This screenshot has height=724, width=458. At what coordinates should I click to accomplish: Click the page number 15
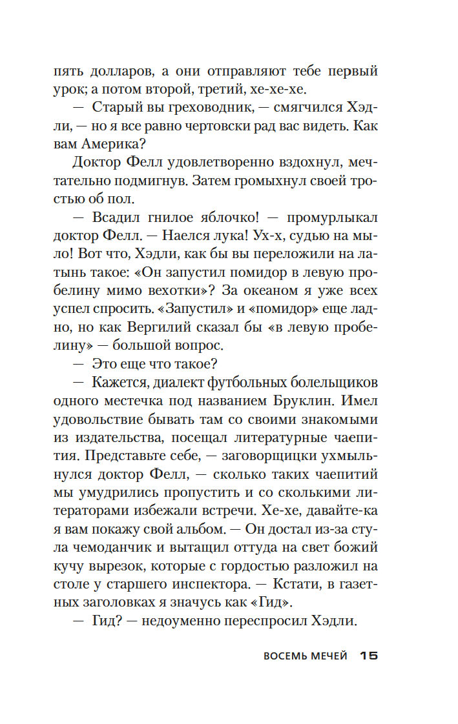tap(368, 656)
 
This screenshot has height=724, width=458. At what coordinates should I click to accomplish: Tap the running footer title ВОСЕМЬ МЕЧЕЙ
tap(306, 656)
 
